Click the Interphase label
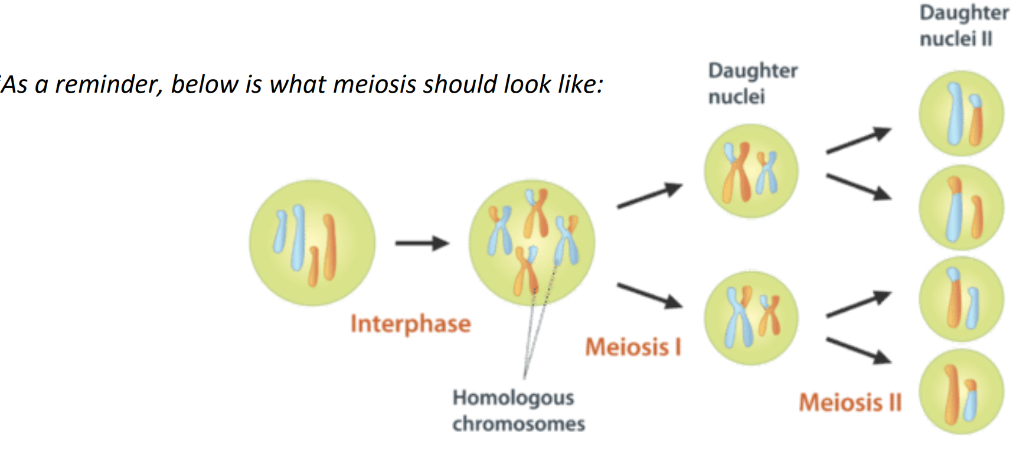coord(410,323)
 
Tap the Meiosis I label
coord(633,346)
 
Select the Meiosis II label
coord(850,403)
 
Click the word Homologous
coord(513,398)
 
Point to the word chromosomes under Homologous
coord(518,424)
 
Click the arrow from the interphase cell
coord(422,243)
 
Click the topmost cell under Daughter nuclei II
coord(961,113)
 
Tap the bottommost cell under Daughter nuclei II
coord(961,391)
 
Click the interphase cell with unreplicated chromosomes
coord(312,243)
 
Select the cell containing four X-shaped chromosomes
coord(531,243)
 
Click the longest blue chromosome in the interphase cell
coord(299,237)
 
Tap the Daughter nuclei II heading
coord(963,25)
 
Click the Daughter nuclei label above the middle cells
coord(752,83)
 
